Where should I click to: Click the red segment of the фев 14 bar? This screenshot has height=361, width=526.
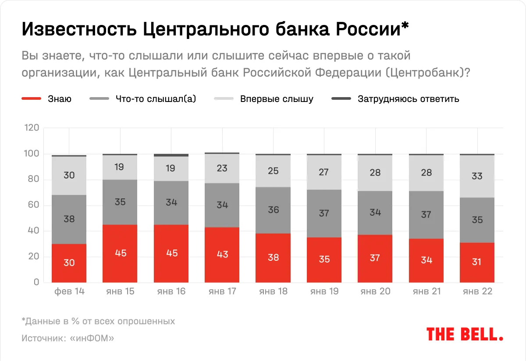coord(69,263)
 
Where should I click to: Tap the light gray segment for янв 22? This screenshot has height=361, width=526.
coord(477,176)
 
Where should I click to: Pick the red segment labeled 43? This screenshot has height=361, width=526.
coord(222,254)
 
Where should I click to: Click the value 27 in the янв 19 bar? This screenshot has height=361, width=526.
coord(324,172)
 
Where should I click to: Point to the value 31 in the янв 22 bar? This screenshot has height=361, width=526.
coord(477,262)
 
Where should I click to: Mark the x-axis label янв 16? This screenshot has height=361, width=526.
coord(171,291)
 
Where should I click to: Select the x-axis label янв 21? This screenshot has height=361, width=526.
coord(426,291)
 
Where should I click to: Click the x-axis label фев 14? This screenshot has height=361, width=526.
coord(69,291)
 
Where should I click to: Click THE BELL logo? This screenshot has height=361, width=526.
coord(465,334)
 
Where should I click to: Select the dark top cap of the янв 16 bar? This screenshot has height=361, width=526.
coord(171,155)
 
